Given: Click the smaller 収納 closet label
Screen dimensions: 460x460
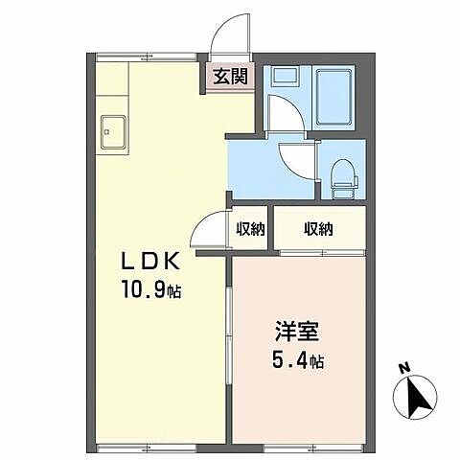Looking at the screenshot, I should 251,229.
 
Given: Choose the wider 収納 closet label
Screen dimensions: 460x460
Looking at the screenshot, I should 319,229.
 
